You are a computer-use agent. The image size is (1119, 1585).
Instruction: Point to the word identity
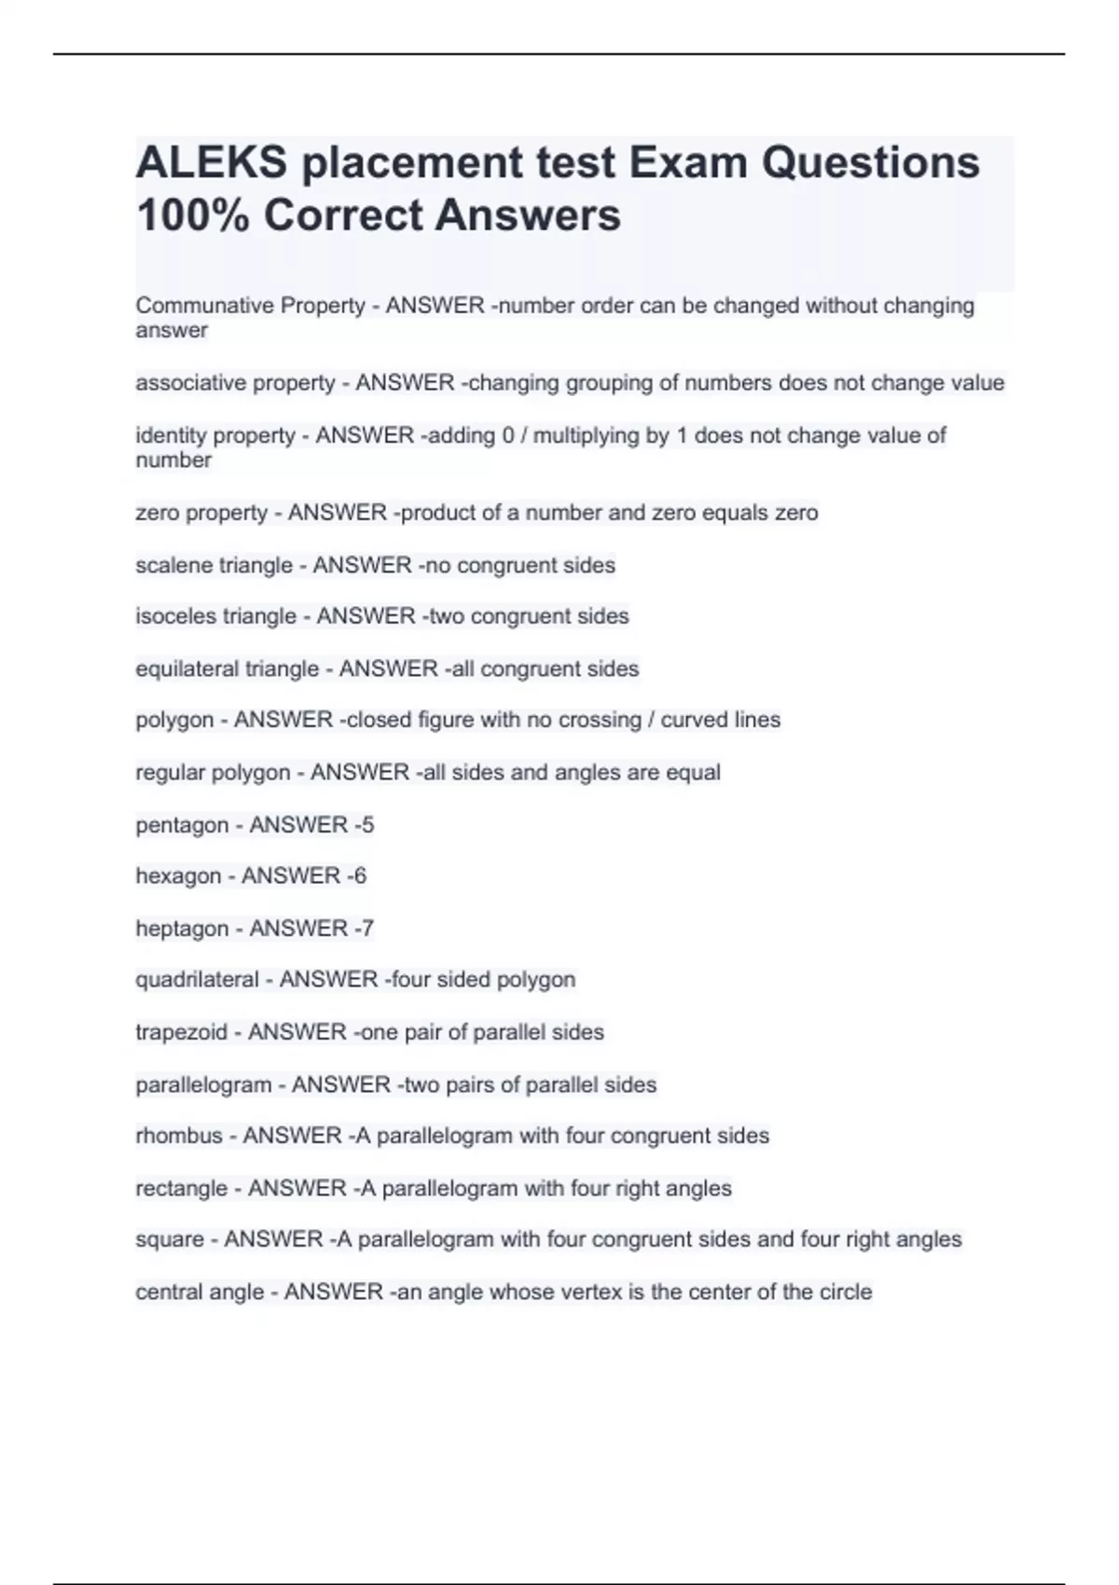(168, 435)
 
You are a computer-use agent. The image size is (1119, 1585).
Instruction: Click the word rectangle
(181, 1189)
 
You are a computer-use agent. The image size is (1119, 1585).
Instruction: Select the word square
(169, 1240)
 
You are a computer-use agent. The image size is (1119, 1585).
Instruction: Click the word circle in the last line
(845, 1292)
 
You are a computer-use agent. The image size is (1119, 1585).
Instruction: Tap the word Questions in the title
(871, 163)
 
